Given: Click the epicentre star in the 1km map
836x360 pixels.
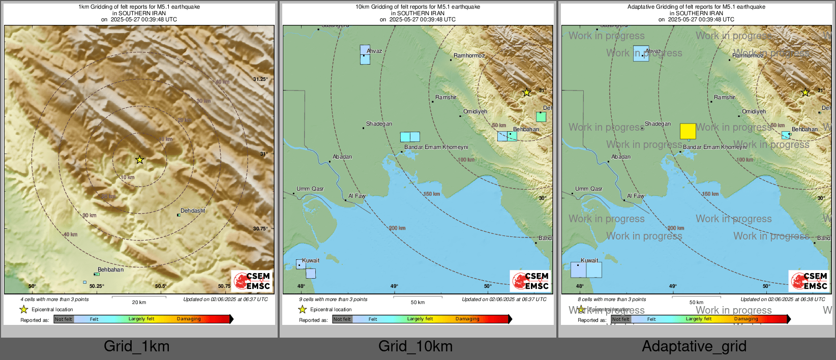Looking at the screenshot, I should coord(140,160).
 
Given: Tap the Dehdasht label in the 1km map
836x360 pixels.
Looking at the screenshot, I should coord(193,211).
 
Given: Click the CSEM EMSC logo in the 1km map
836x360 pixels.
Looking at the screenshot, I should coord(252,281).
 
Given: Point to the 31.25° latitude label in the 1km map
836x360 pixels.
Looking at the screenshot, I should coord(260,79).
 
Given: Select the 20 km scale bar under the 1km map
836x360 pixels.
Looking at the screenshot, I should coord(139,297).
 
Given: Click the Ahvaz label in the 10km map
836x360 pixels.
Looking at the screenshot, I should coord(374,51).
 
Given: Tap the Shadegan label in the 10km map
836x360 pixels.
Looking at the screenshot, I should coord(379,124).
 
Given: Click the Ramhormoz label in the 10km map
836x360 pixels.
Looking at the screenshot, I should coord(469,55).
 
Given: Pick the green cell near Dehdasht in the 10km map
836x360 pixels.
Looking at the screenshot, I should coord(541,117).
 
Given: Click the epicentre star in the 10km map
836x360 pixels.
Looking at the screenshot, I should coord(527,93).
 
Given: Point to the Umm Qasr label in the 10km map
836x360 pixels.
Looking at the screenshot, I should coord(310,189).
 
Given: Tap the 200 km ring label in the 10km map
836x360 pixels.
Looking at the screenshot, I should coord(397,228).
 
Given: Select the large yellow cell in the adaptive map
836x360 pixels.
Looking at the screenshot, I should coord(688,131).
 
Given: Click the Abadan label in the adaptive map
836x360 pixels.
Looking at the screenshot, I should coord(621,157).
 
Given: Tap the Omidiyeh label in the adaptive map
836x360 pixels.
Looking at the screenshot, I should coord(754,111).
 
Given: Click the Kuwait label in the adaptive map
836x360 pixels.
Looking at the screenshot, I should coord(589,260).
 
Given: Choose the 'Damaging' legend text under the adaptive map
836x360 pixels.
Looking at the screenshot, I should coord(746,319).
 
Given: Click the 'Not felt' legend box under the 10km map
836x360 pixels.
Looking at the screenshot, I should coord(342,319).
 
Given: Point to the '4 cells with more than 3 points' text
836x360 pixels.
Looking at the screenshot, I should coord(54,299).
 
